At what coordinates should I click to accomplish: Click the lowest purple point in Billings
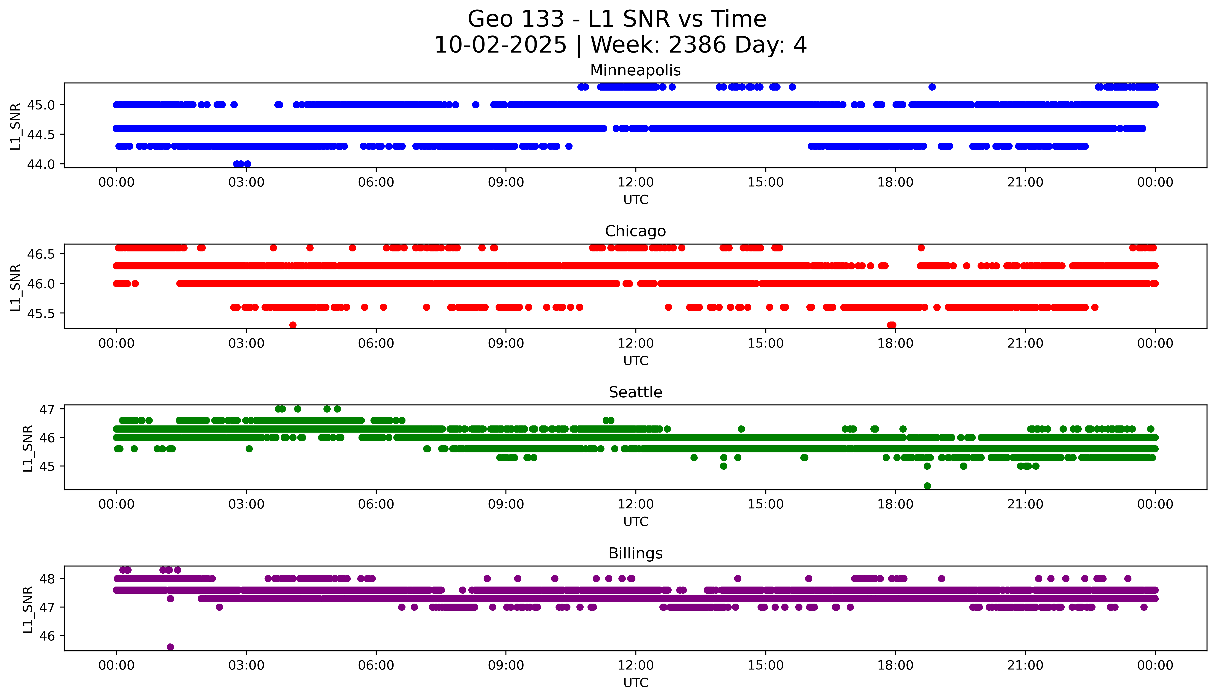(x=170, y=647)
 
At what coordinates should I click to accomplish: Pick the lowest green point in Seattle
(x=927, y=486)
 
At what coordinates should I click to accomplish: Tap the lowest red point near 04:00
(x=293, y=325)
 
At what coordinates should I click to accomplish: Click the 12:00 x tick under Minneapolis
(x=635, y=183)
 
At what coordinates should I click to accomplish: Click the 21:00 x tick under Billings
(x=1025, y=665)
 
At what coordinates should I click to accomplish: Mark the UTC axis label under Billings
(x=635, y=682)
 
